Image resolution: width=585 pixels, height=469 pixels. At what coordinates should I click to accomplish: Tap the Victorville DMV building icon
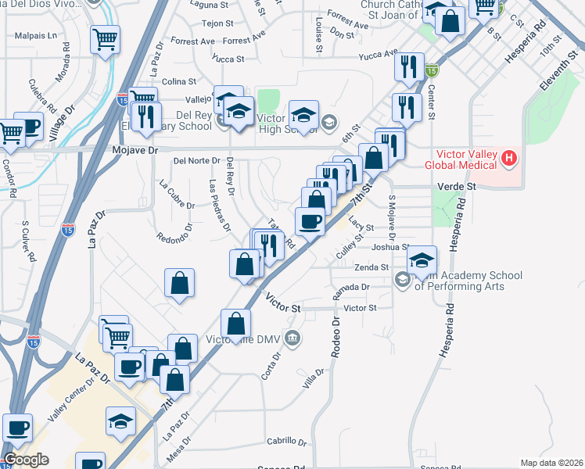[x=292, y=338]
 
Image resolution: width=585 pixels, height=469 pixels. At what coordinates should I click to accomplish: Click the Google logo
[x=26, y=460]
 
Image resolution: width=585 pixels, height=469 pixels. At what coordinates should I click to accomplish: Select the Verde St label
[x=460, y=187]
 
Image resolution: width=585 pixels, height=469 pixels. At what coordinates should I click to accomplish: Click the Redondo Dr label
[x=174, y=237]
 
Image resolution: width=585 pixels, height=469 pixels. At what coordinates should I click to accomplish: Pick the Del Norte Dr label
[x=196, y=161]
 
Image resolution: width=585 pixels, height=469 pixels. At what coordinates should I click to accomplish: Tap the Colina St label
[x=179, y=81]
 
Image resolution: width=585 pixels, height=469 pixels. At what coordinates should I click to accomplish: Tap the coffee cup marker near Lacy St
[x=310, y=222]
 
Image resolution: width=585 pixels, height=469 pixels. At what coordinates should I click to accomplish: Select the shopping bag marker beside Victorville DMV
[x=235, y=324]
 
